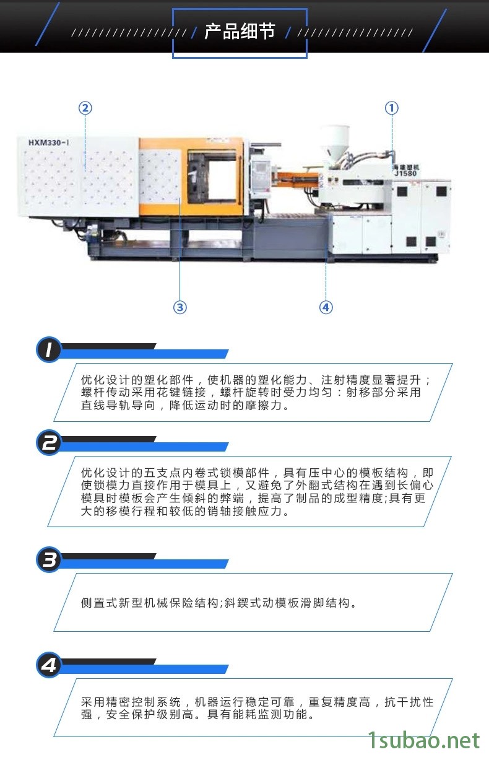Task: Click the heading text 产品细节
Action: click(x=240, y=32)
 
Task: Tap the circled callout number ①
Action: click(x=391, y=108)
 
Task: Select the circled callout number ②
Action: click(x=85, y=108)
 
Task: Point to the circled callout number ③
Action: click(x=180, y=307)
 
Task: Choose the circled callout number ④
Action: click(x=326, y=307)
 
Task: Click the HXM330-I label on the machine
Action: click(x=48, y=142)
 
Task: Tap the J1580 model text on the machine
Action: click(x=405, y=173)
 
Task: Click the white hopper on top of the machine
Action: click(x=334, y=144)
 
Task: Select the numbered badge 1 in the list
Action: click(x=49, y=349)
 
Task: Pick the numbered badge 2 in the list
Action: click(x=49, y=443)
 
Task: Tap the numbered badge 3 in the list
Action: click(x=49, y=560)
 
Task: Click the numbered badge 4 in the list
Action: click(x=49, y=665)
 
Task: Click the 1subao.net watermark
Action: click(x=424, y=740)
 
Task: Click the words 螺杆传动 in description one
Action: click(x=106, y=392)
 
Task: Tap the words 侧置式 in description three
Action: click(x=100, y=603)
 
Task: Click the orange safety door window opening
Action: click(x=222, y=181)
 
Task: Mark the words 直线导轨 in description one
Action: click(x=106, y=405)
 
